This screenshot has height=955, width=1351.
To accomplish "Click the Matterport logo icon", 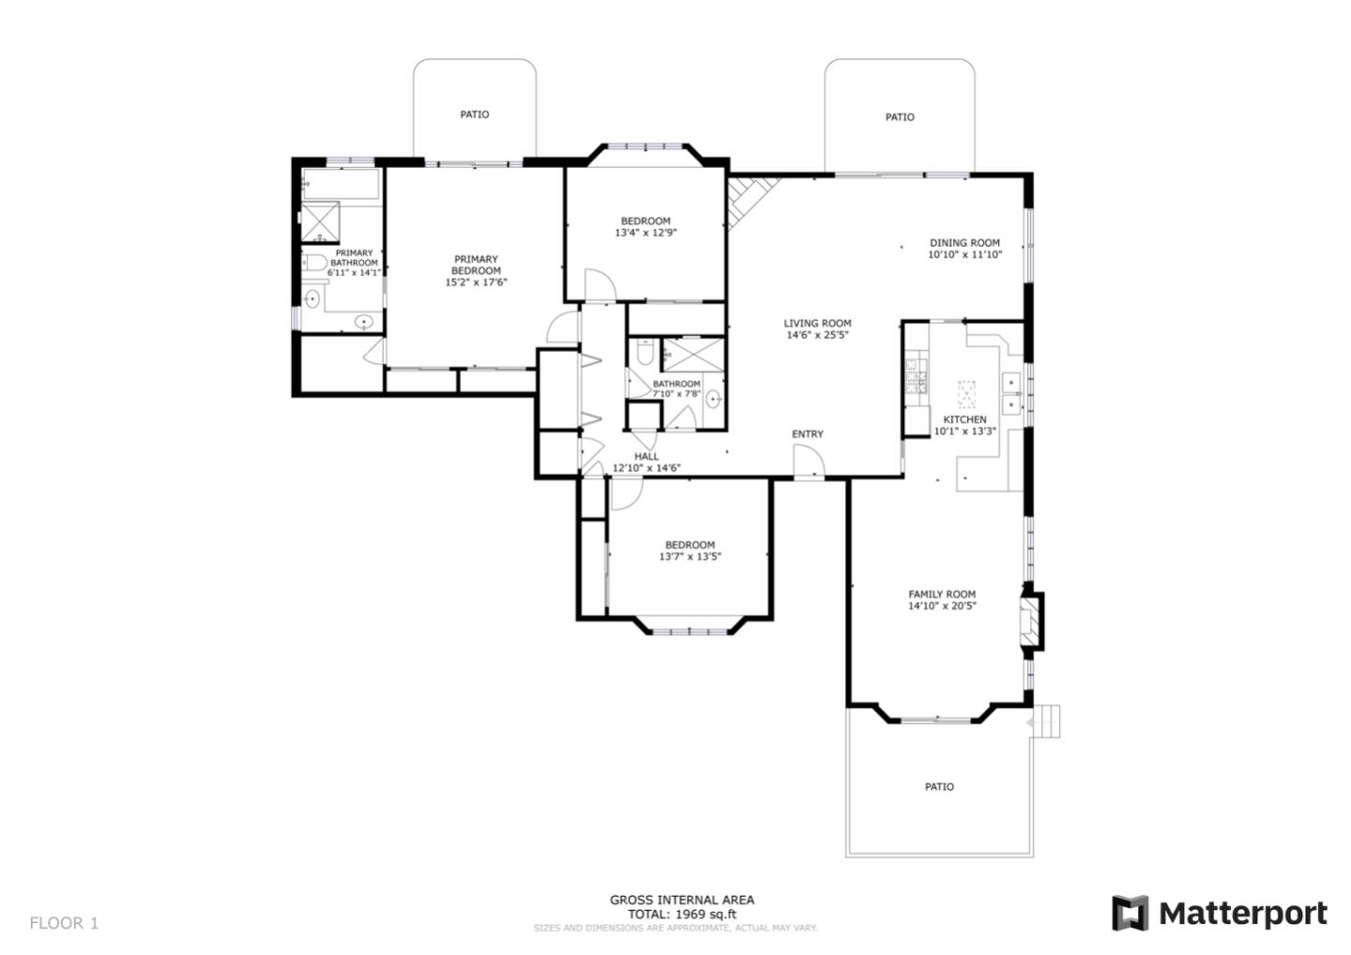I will point(1130,913).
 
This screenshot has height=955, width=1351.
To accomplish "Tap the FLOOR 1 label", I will point(64,923).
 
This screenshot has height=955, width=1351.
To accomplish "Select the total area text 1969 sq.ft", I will point(682,914).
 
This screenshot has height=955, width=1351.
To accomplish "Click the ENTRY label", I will point(807,434).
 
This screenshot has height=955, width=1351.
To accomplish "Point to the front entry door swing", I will point(809,461).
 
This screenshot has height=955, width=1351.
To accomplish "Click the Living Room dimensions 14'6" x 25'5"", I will point(817,335).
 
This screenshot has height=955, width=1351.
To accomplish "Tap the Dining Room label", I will point(964,242).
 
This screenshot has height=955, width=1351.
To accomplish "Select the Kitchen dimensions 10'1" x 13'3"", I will point(964,432).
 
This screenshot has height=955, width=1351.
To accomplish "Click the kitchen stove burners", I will point(916,375).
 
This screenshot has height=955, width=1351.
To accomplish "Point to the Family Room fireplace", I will point(1032,619).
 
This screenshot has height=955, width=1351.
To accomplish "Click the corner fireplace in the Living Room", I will point(747,199).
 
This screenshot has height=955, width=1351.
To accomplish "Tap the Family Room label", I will point(941,594).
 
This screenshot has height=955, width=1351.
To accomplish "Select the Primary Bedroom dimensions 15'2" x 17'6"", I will point(476,282).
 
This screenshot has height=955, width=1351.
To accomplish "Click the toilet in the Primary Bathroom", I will point(315,264).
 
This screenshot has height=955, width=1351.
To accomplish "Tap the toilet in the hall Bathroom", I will point(645,353).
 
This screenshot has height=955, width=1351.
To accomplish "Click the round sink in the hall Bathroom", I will point(713,400).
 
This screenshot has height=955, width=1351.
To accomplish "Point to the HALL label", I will point(645,456).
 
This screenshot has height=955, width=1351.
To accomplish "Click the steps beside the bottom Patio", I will point(1047,722).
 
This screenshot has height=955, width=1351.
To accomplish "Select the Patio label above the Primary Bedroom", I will point(474,114).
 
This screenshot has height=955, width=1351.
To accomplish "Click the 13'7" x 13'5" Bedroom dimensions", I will point(690,556).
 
